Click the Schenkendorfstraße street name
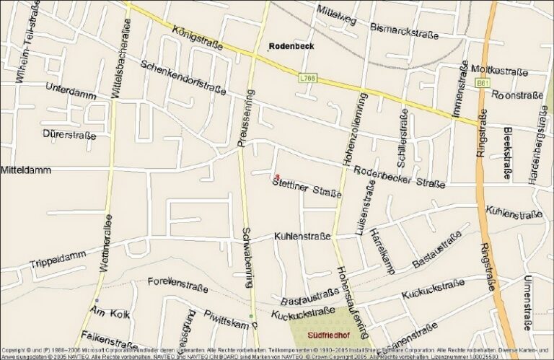coord(183,76)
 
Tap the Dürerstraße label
coord(69,134)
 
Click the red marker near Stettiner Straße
coord(277,176)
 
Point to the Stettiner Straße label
coord(307,187)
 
